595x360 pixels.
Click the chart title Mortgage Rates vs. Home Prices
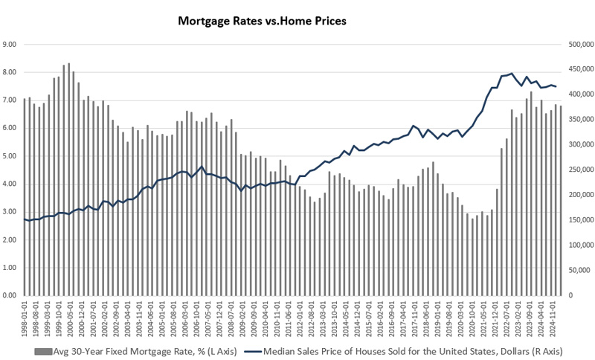click(262, 21)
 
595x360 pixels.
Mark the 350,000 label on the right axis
click(580, 120)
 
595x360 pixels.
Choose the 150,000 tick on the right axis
click(580, 220)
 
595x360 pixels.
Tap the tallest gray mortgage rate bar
click(68, 179)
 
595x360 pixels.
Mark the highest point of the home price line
click(512, 74)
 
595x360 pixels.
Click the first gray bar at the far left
click(25, 197)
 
